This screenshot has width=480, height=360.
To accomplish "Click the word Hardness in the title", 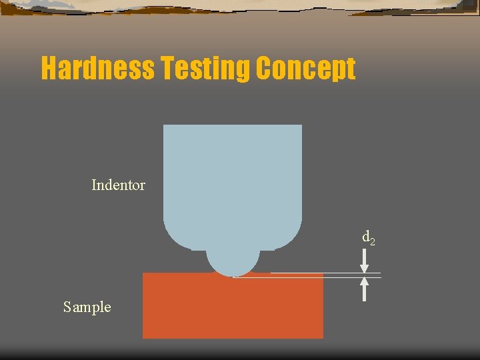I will tap(97, 69).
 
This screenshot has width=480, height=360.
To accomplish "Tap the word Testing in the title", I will tap(204, 69).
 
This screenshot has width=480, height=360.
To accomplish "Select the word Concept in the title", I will tap(305, 69).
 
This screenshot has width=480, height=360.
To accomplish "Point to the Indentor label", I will tap(118, 185).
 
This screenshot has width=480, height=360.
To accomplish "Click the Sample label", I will tap(87, 307).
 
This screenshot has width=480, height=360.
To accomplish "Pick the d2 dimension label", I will tap(368, 237).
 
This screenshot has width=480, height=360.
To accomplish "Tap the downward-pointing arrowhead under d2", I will tap(364, 266).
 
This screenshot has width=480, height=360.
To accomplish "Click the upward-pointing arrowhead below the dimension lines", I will tap(364, 283).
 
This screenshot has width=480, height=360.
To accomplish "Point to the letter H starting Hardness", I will tap(49, 69).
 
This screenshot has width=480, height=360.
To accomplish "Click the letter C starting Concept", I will tap(262, 69).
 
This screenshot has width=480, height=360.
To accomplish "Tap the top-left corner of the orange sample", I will tap(143, 273).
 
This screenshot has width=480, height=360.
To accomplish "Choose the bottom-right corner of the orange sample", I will tap(323, 337).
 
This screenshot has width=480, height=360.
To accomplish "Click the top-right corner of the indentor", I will tap(301, 126).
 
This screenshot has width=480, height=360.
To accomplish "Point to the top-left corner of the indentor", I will tap(164, 126).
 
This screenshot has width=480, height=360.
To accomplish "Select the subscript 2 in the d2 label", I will tap(372, 241).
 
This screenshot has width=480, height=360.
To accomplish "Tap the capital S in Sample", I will tap(67, 307).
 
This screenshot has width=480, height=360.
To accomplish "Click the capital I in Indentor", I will tap(94, 185).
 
